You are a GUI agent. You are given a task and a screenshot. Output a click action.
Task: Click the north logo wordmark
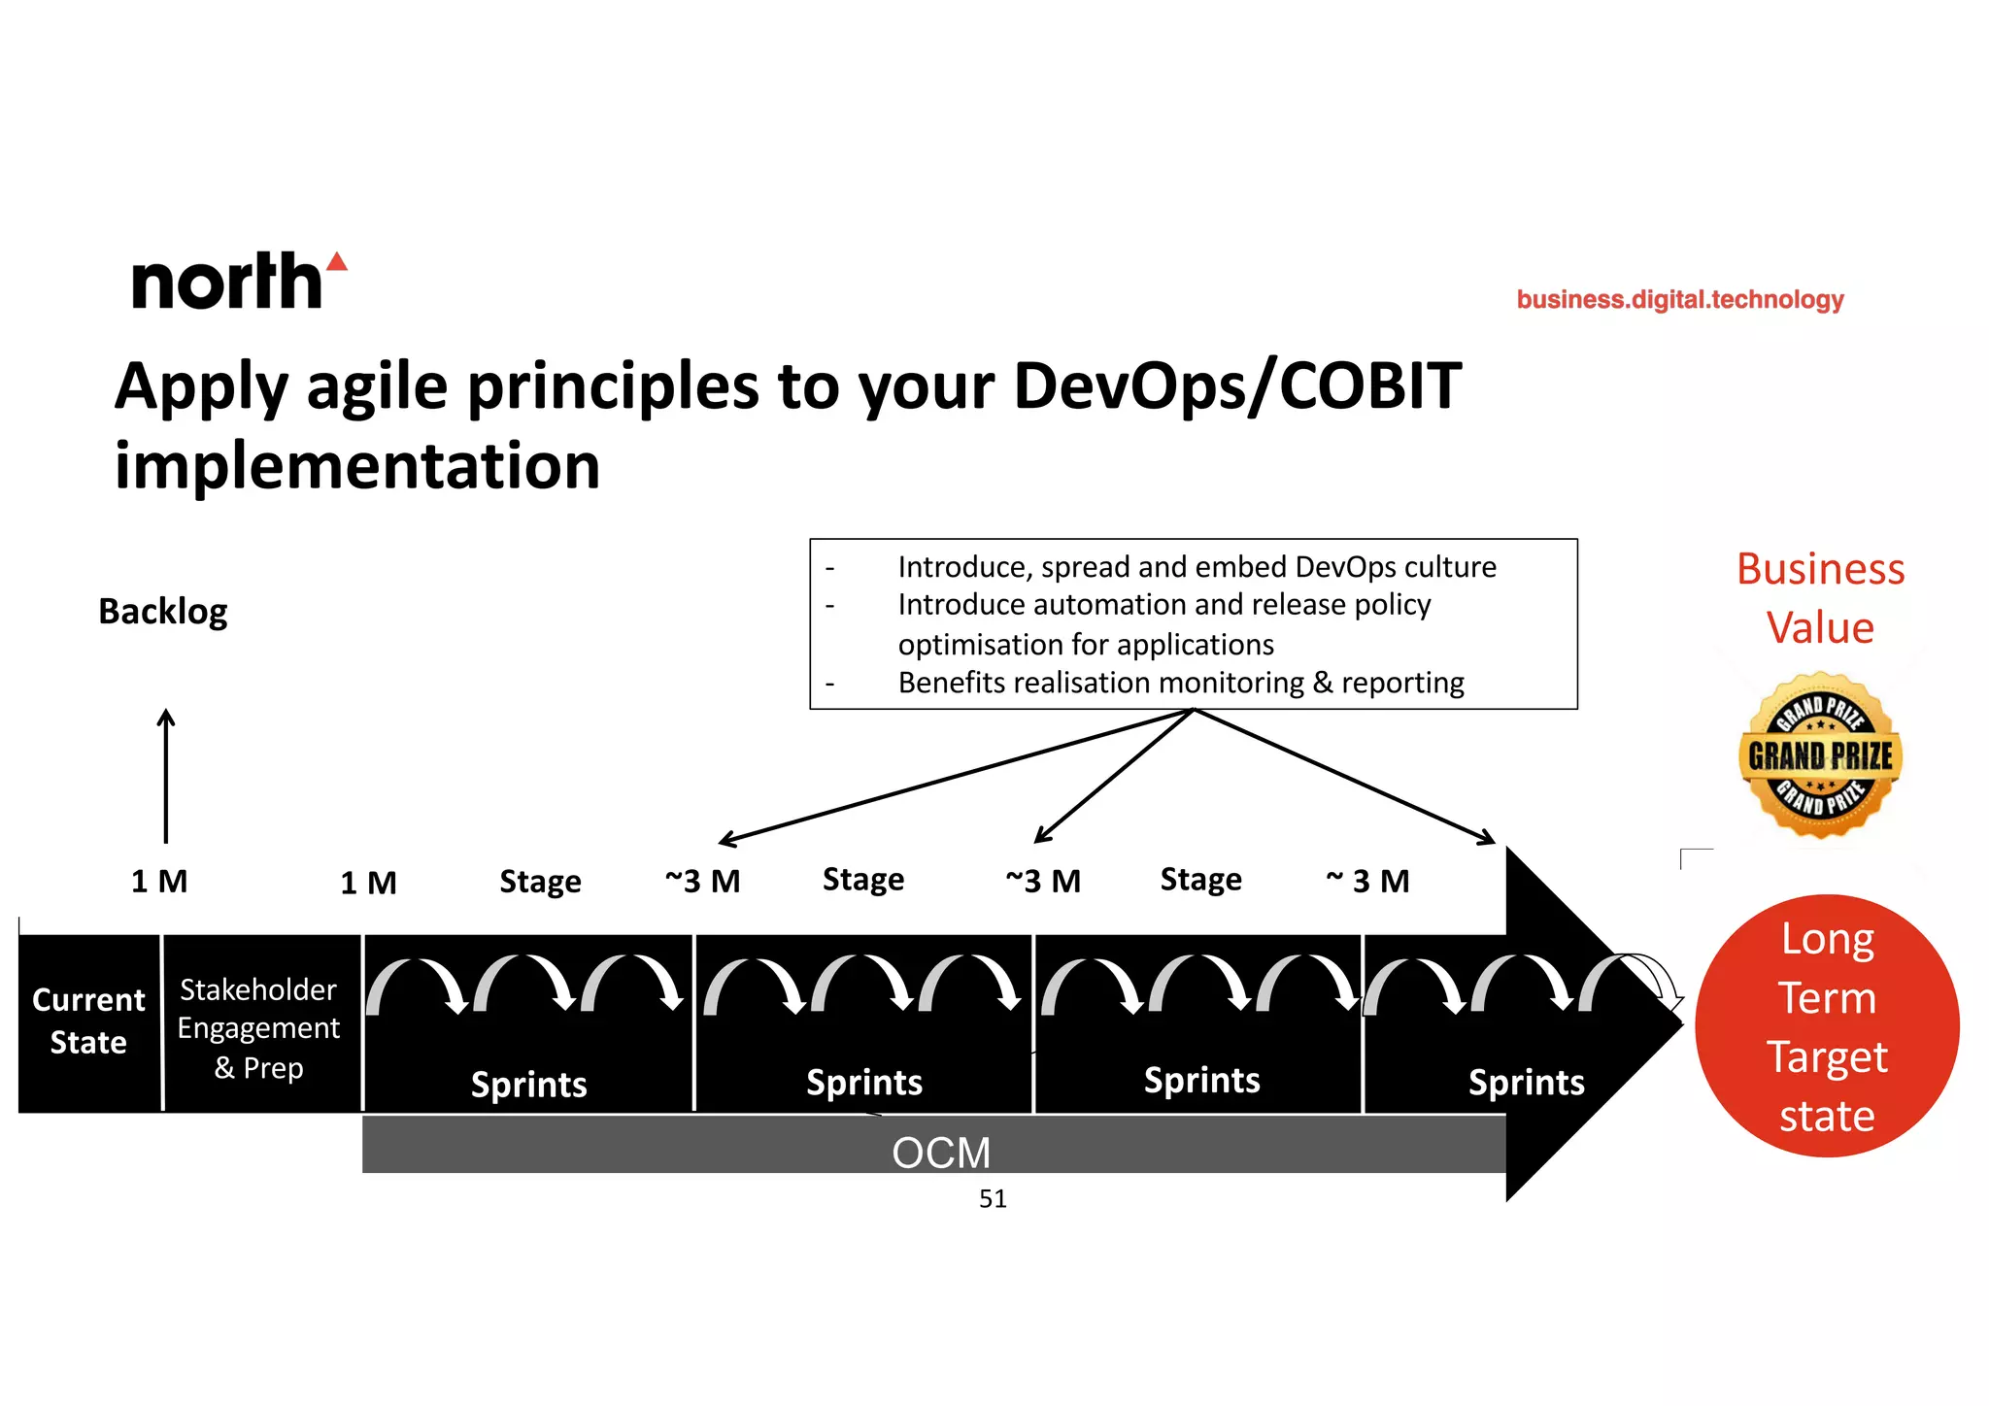pyautogui.click(x=226, y=283)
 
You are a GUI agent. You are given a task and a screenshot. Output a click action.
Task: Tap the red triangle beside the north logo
pyautogui.click(x=337, y=261)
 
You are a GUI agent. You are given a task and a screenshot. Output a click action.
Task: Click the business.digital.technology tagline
pyautogui.click(x=1679, y=299)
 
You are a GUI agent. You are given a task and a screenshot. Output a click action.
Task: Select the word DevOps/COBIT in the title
pyautogui.click(x=1236, y=386)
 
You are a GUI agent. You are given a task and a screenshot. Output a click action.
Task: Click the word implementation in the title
pyautogui.click(x=357, y=465)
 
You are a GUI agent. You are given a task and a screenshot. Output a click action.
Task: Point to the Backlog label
pyautogui.click(x=163, y=612)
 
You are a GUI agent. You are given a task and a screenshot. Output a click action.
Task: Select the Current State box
pyautogui.click(x=88, y=1021)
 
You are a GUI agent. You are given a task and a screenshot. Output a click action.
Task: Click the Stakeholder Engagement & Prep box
pyautogui.click(x=259, y=1027)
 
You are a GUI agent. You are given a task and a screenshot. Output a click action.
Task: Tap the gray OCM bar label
pyautogui.click(x=940, y=1152)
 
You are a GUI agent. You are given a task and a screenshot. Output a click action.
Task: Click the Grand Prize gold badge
pyautogui.click(x=1820, y=755)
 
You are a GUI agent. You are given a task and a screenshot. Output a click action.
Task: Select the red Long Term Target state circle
pyautogui.click(x=1827, y=1026)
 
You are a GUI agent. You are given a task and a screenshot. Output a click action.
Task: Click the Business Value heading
pyautogui.click(x=1820, y=597)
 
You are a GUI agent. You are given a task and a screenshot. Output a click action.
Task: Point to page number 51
pyautogui.click(x=993, y=1199)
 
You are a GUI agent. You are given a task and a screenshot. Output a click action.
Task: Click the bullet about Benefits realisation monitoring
pyautogui.click(x=1180, y=683)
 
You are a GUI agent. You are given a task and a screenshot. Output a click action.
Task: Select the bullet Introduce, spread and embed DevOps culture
pyautogui.click(x=1197, y=566)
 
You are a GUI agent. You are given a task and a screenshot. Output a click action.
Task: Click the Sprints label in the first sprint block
pyautogui.click(x=528, y=1084)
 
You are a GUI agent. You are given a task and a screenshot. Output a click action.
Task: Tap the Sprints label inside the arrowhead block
pyautogui.click(x=1526, y=1082)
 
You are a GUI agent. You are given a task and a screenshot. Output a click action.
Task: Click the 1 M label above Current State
pyautogui.click(x=159, y=881)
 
